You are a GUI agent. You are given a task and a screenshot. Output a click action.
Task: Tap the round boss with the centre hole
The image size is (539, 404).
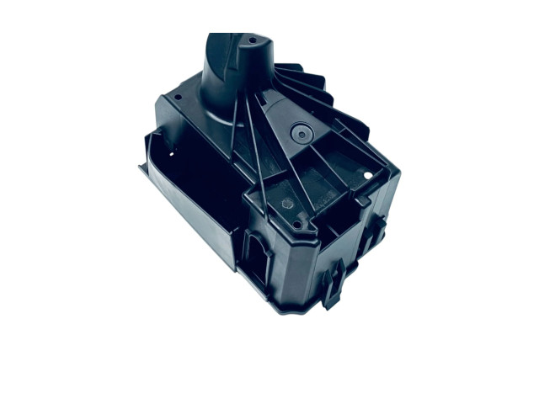299,132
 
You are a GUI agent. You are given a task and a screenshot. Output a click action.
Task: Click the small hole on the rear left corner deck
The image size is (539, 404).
178,97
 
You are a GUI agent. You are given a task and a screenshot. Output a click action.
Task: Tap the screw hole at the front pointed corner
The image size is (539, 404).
300,225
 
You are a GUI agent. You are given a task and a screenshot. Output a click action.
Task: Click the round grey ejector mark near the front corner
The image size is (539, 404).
286,203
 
